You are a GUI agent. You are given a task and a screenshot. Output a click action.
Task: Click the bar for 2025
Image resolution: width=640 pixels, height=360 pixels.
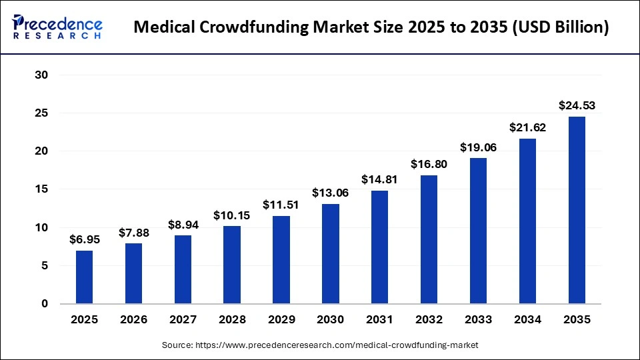84,277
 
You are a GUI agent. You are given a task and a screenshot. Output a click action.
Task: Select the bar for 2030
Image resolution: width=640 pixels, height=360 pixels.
330,254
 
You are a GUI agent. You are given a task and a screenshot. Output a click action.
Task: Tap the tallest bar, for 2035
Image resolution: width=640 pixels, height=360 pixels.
576,210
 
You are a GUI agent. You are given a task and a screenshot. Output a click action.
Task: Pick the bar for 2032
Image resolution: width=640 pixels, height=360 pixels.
429,239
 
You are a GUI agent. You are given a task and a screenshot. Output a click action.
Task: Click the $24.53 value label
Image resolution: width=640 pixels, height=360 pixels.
576,105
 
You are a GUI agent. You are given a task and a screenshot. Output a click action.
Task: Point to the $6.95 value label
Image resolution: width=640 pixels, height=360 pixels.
84,239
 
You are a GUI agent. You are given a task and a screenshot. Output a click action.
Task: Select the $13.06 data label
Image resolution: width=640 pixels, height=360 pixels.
330,193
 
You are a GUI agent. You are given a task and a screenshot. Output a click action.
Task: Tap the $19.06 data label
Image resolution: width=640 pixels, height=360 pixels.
478,147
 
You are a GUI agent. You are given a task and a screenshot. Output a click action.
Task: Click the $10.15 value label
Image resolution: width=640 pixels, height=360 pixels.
232,215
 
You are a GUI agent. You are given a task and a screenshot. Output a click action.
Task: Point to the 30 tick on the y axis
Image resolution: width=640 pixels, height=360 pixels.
41,75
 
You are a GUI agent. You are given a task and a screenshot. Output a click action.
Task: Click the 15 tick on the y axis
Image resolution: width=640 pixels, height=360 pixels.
41,189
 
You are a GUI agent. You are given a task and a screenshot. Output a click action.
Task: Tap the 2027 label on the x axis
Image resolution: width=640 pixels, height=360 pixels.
183,320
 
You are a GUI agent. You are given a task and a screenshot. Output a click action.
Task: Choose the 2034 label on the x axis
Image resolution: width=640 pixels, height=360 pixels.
527,320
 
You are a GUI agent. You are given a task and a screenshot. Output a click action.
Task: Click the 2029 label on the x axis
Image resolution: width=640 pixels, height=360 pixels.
281,320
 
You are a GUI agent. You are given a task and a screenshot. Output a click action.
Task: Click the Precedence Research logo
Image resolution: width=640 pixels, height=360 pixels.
57,27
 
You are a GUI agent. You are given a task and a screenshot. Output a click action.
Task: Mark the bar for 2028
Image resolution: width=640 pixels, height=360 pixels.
232,265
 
